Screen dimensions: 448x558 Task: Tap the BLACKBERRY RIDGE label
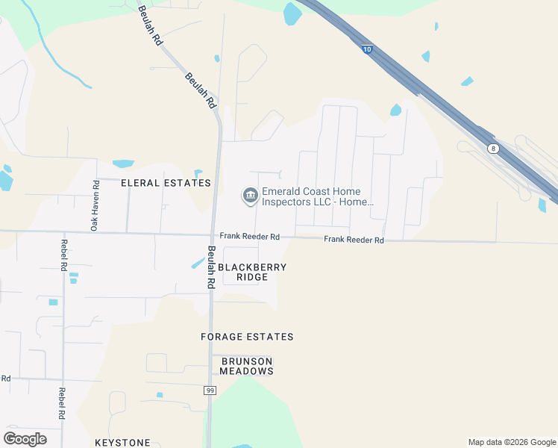[x=251, y=272]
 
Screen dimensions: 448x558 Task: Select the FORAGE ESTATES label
[x=247, y=337]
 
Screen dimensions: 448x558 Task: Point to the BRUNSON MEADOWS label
[x=247, y=366]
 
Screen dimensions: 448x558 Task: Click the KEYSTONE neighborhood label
[x=122, y=443]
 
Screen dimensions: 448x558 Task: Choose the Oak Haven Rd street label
[x=95, y=205]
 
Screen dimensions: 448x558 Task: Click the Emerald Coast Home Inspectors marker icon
[x=250, y=196]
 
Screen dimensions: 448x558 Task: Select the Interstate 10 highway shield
[x=367, y=49]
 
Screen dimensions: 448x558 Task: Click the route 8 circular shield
[x=493, y=149]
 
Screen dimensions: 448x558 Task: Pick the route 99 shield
[x=210, y=391]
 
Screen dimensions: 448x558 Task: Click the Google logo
[x=25, y=439]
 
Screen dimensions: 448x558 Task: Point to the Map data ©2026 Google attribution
[x=512, y=442]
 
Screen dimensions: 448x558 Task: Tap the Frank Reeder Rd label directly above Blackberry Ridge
[x=249, y=236]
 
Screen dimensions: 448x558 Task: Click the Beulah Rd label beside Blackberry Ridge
[x=211, y=267]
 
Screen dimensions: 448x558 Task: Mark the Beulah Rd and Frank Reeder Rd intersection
[x=214, y=235]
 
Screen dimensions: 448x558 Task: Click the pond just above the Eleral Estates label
[x=123, y=164]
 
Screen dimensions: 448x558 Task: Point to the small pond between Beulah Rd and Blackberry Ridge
[x=198, y=263]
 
